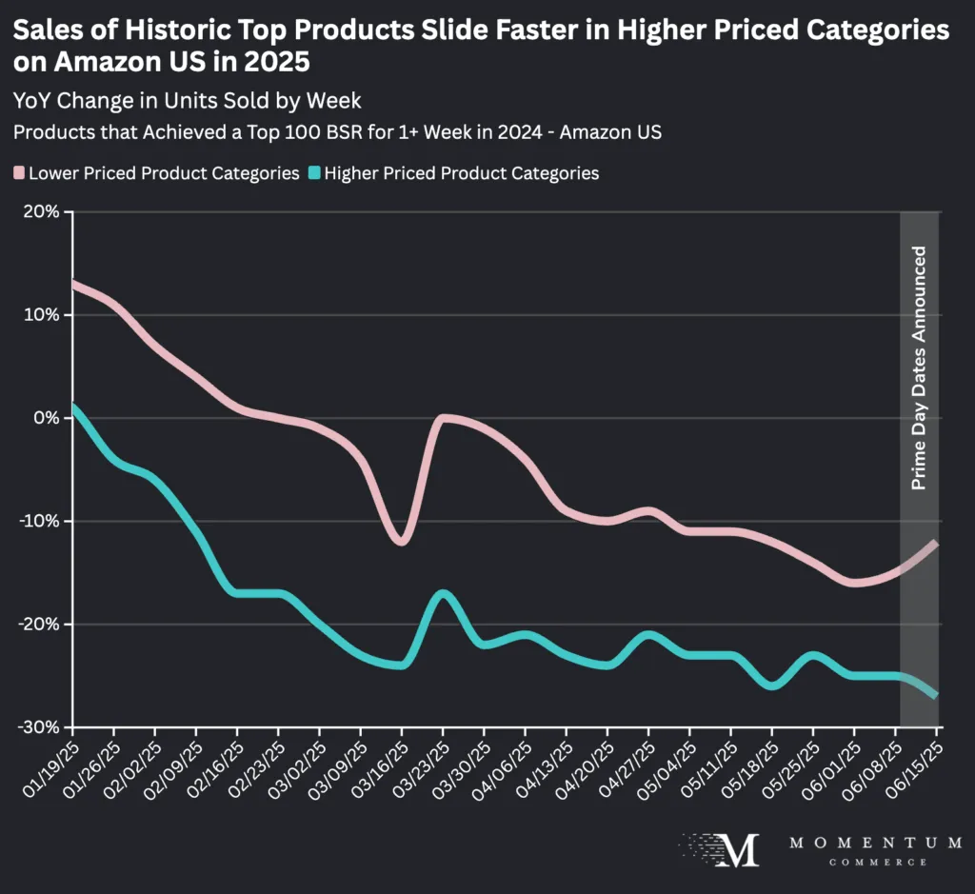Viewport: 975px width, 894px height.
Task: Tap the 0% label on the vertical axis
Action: click(48, 418)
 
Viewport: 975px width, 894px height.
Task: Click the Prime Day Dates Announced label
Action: click(919, 368)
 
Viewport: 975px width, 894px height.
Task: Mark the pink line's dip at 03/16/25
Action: click(402, 542)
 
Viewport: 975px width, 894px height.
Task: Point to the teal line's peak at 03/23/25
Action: click(443, 593)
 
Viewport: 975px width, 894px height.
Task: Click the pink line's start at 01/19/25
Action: click(74, 284)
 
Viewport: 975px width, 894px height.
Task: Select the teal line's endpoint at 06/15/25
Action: click(938, 695)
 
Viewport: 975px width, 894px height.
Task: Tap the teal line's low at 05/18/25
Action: click(772, 685)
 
